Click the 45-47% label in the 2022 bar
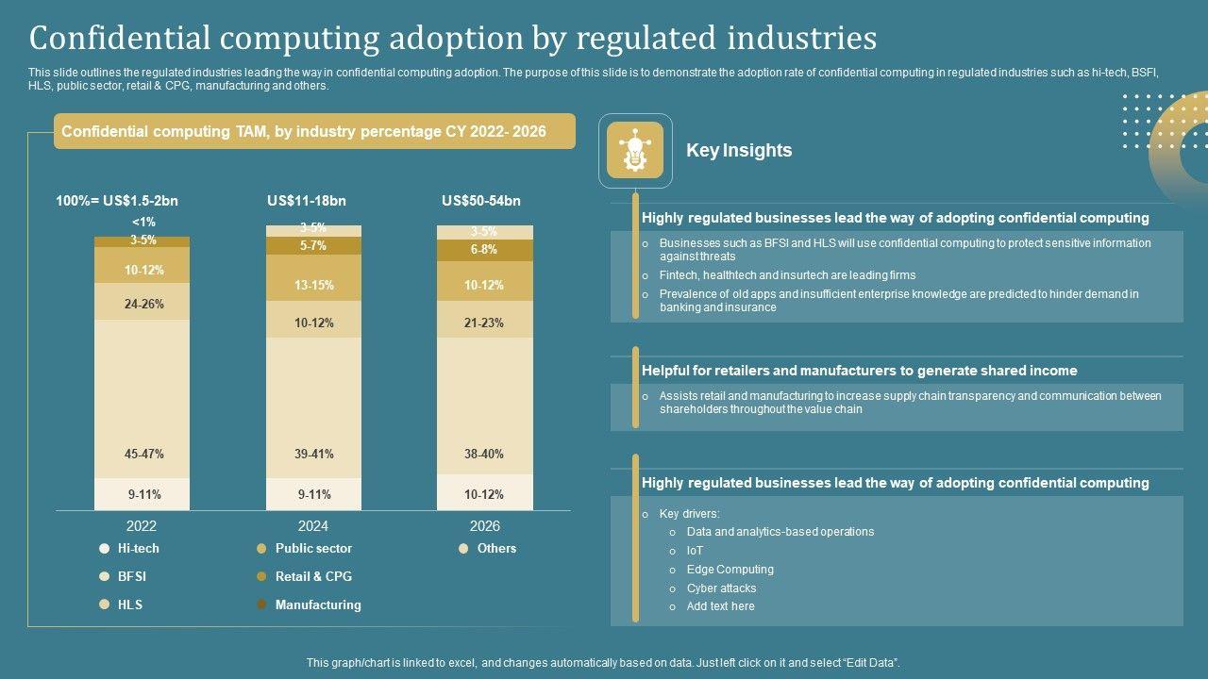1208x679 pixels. (x=143, y=454)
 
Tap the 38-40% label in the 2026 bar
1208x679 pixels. (x=484, y=454)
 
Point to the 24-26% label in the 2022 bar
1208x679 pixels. (x=143, y=304)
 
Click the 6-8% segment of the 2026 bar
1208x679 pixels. (x=484, y=250)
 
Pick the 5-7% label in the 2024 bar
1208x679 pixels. (x=313, y=245)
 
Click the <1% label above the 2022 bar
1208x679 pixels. (x=143, y=223)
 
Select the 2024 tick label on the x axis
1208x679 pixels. (x=313, y=526)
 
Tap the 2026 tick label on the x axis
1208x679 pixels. (x=484, y=526)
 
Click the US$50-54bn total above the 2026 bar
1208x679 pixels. (x=480, y=201)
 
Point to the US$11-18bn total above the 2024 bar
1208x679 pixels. (x=307, y=201)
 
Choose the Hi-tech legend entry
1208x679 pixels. (x=138, y=548)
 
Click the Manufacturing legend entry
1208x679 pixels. (x=317, y=604)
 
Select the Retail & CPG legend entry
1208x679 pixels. (x=312, y=576)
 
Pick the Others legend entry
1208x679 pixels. (x=496, y=548)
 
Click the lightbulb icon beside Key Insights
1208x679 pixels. (x=635, y=150)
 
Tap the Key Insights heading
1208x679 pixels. (x=739, y=150)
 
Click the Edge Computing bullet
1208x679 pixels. (x=730, y=570)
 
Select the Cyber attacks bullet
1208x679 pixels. (x=721, y=588)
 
